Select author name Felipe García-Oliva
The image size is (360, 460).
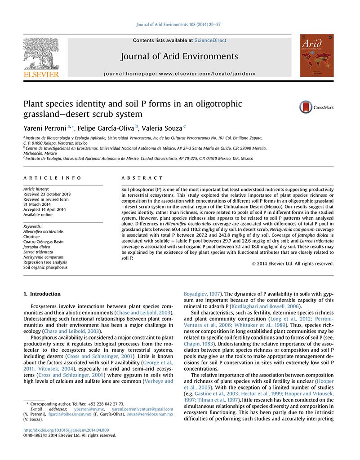(x=110, y=128)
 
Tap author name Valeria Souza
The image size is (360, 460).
(x=163, y=128)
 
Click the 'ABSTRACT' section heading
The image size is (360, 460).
(x=142, y=178)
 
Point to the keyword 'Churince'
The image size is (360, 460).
(x=31, y=237)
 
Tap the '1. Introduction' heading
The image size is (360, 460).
(x=41, y=294)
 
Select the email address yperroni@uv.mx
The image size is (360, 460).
(x=89, y=409)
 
